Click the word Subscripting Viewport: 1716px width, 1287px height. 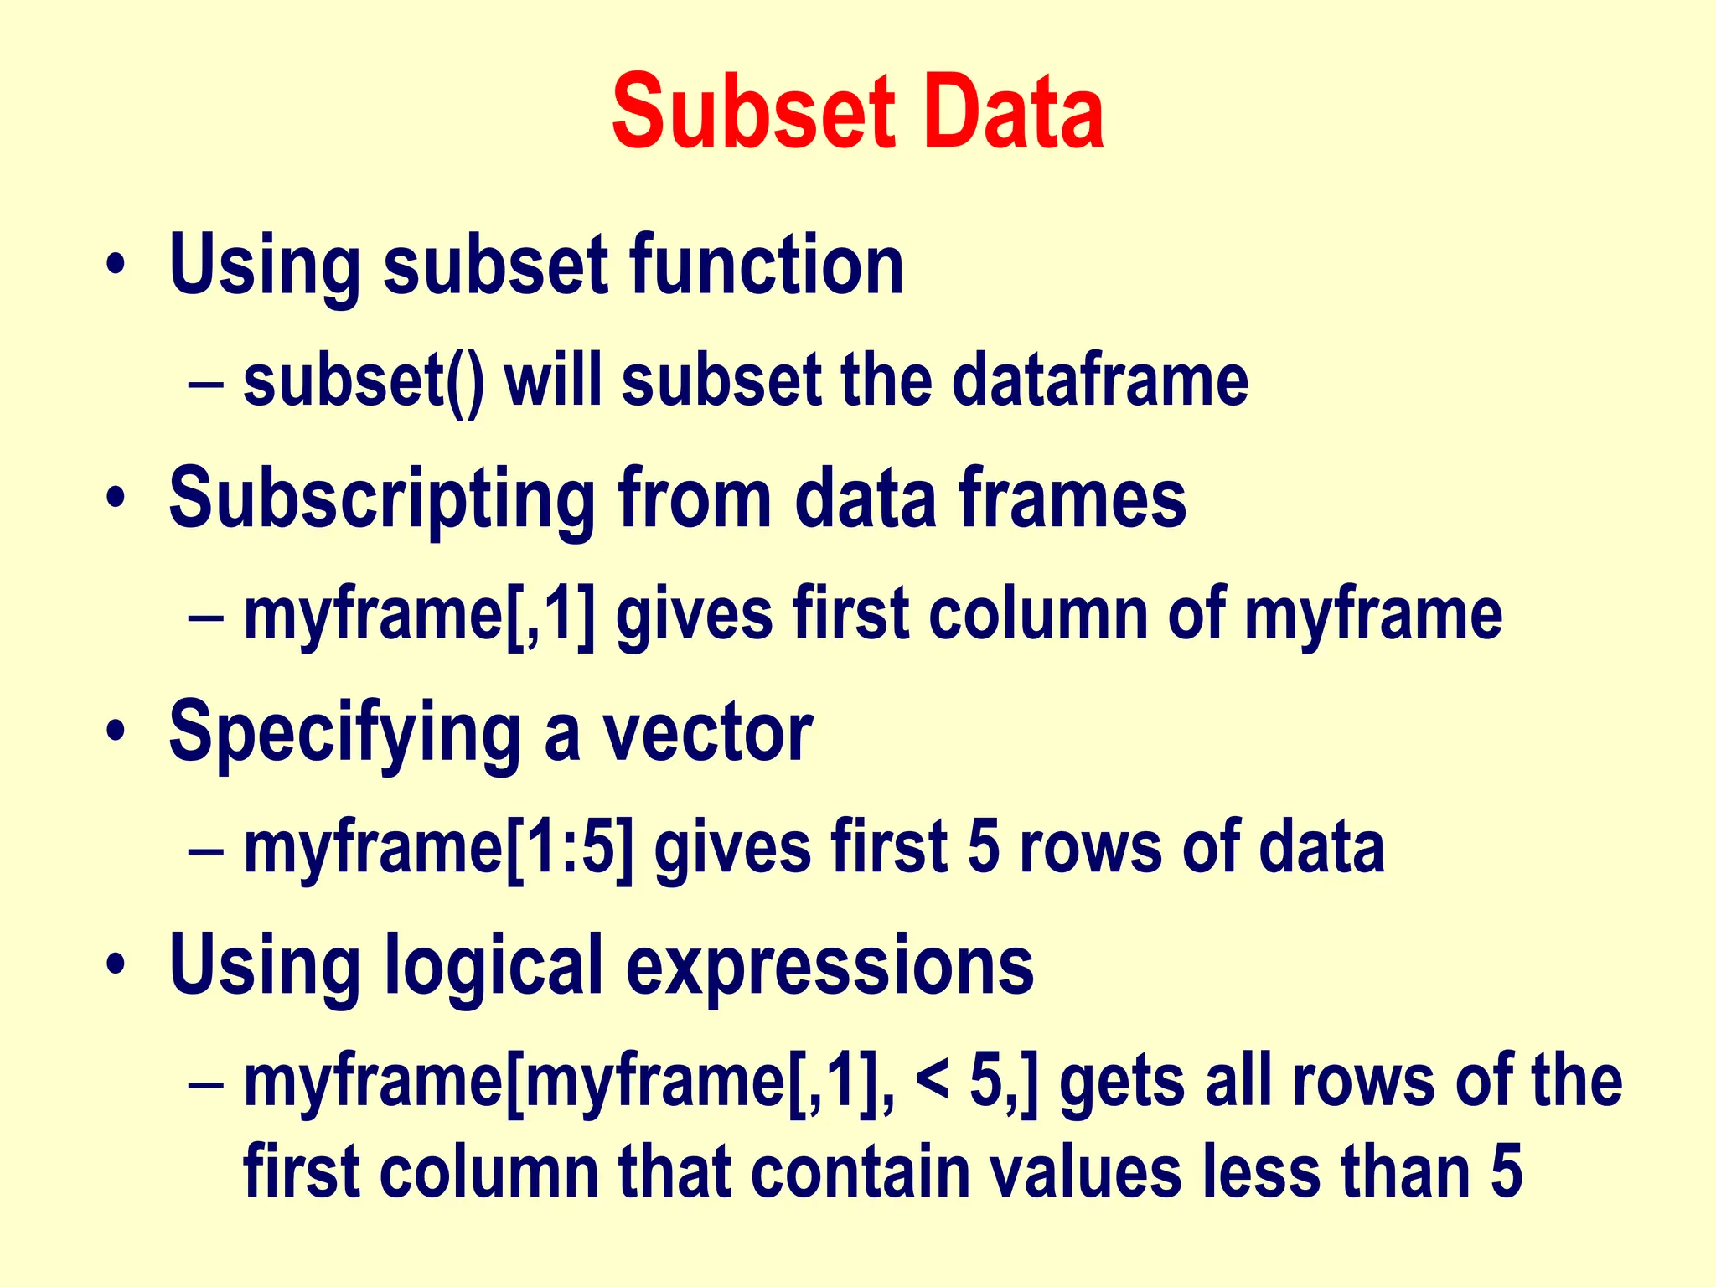[382, 500]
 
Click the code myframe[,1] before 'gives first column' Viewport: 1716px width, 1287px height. [420, 616]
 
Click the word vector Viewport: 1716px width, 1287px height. [708, 733]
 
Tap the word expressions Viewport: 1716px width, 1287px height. [830, 965]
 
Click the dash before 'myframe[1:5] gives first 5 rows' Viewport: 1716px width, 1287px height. [206, 850]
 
